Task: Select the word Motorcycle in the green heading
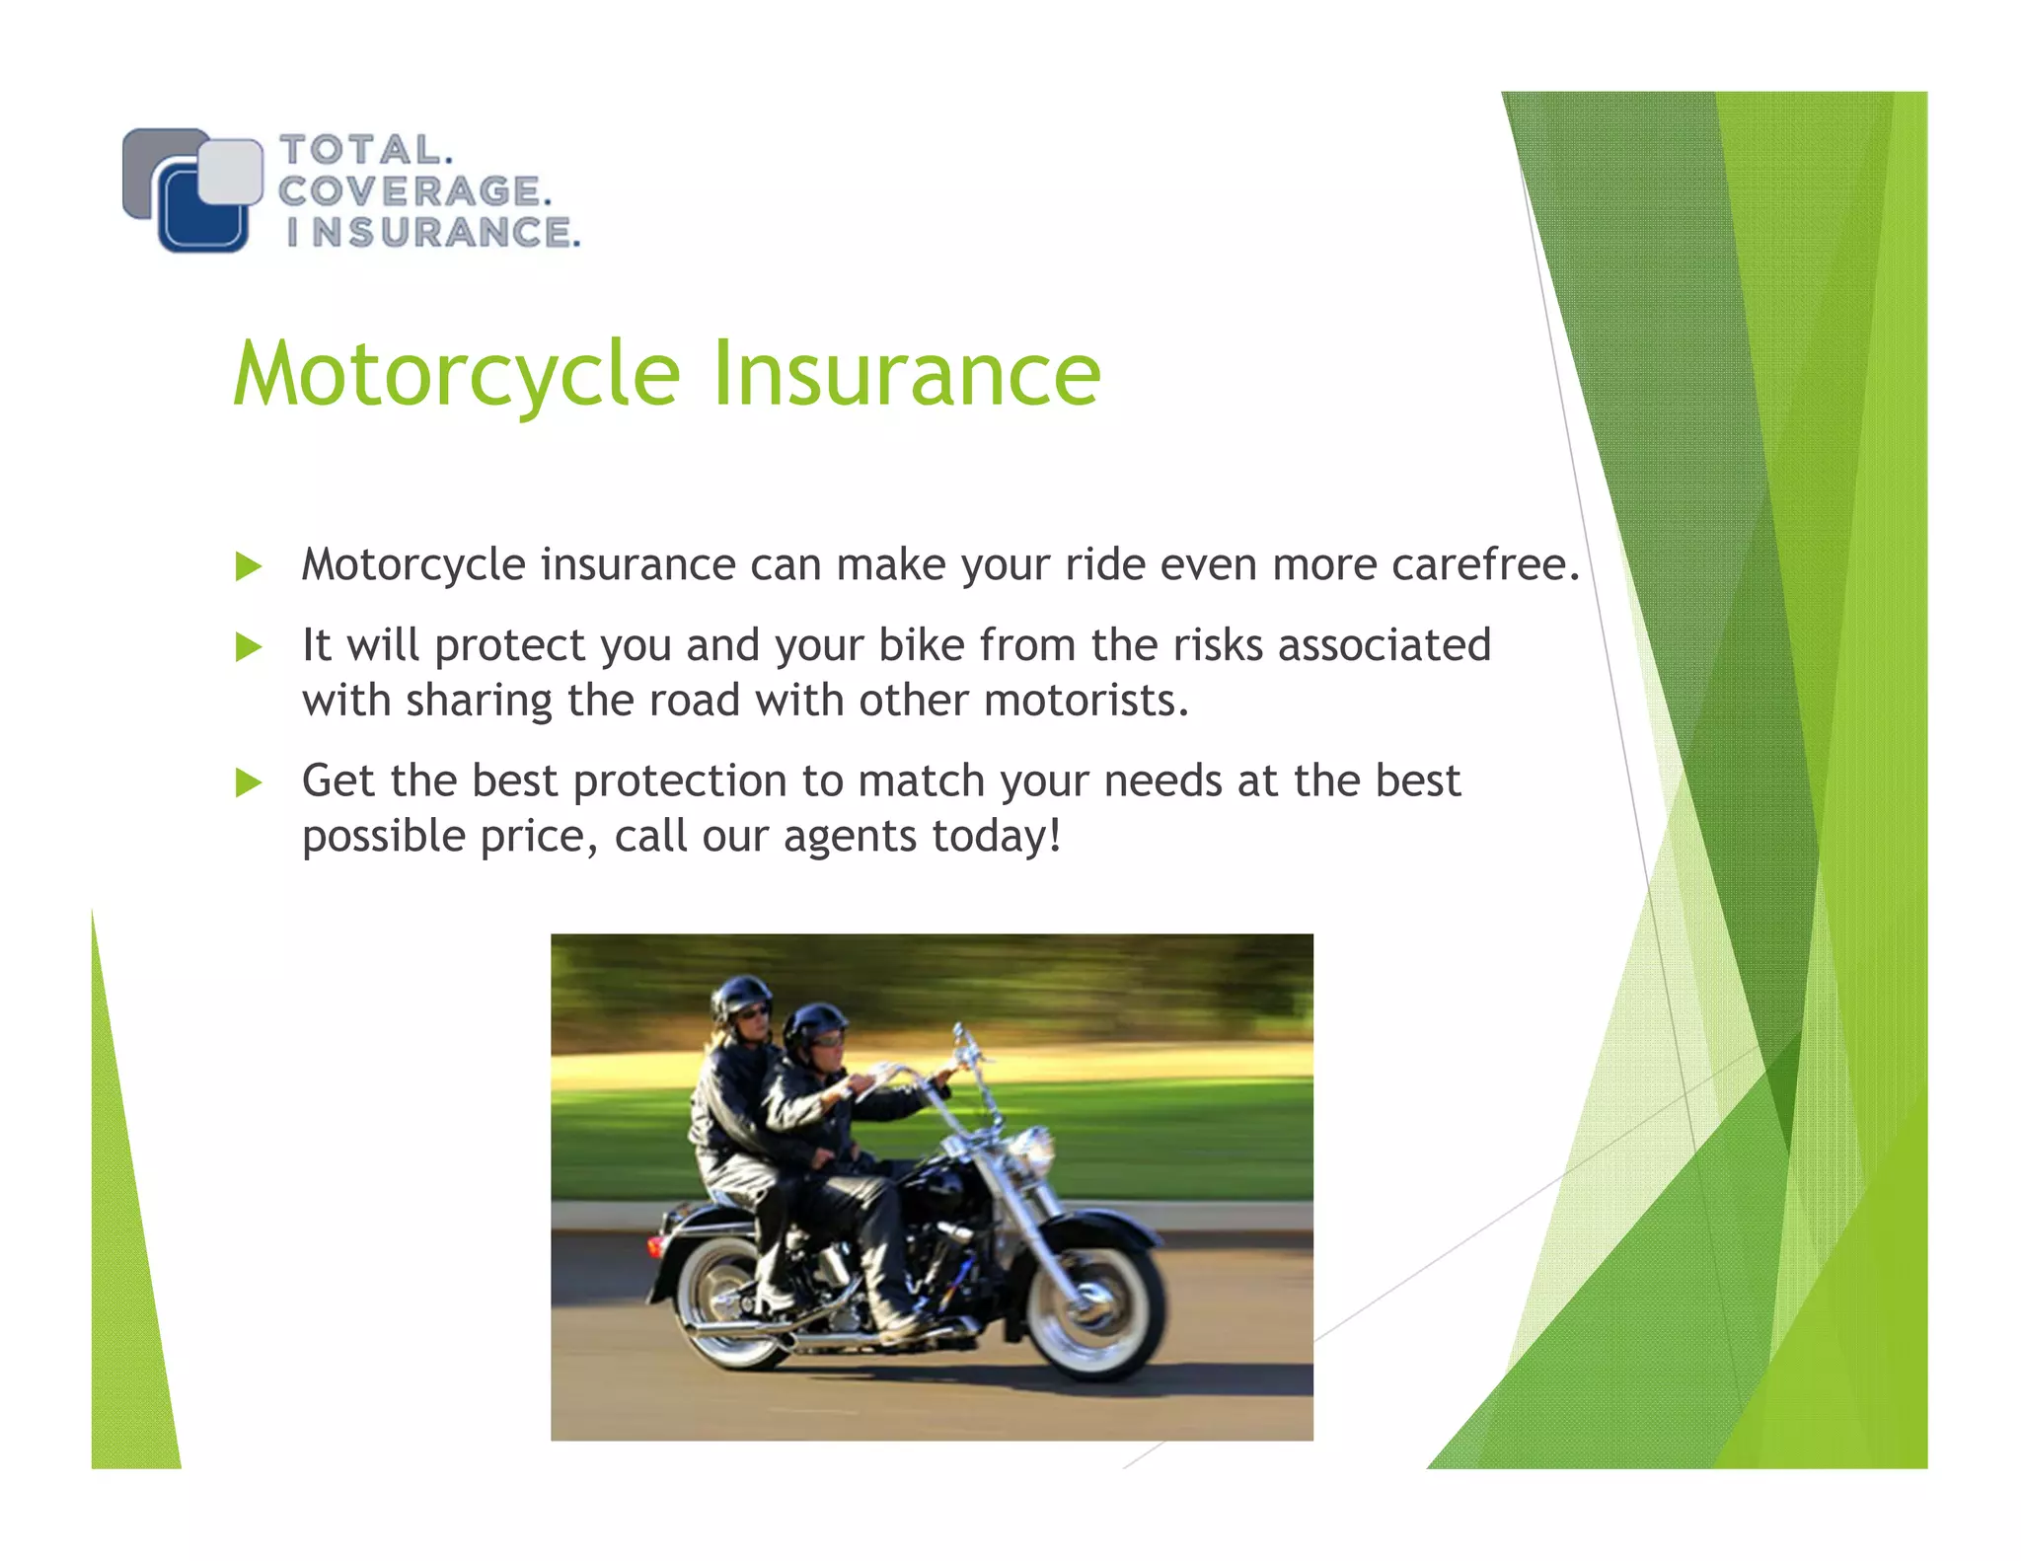[x=457, y=375]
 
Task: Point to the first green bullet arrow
[x=249, y=567]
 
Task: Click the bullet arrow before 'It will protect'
[x=249, y=648]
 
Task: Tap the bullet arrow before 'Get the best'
[x=249, y=783]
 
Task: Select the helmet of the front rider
[x=815, y=1022]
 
